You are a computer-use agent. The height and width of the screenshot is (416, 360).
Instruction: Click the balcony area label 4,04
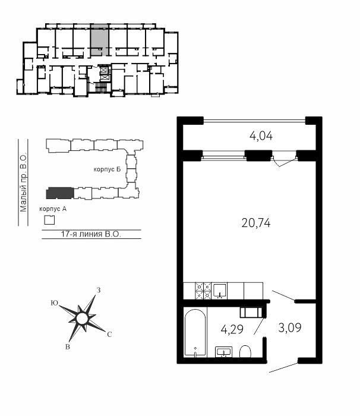click(261, 136)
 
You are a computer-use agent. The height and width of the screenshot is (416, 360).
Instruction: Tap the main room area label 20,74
click(256, 223)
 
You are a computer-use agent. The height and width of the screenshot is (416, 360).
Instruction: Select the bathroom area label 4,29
click(232, 329)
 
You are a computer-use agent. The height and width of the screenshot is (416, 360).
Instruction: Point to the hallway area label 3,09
click(290, 327)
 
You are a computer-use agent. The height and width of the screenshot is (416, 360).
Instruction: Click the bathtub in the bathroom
click(195, 332)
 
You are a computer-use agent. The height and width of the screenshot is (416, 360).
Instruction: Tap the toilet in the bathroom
click(245, 352)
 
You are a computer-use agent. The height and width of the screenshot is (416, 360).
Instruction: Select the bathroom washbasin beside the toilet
click(223, 352)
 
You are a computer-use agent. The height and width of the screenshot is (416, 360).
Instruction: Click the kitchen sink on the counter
click(220, 291)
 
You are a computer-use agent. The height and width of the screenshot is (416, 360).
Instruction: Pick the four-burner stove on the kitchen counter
click(203, 291)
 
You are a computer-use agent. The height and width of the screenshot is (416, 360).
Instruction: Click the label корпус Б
click(107, 169)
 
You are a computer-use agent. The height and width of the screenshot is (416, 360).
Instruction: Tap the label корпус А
click(53, 209)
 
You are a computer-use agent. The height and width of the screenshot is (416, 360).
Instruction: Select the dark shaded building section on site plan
click(60, 193)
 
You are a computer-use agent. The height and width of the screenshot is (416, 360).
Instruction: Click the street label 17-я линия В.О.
click(91, 234)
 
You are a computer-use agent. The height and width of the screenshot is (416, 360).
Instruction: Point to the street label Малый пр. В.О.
click(23, 182)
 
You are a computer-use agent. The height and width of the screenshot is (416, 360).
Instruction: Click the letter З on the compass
click(99, 290)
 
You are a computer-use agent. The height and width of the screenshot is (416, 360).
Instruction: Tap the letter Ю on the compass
click(55, 303)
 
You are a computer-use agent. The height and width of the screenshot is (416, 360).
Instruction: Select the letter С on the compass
click(109, 335)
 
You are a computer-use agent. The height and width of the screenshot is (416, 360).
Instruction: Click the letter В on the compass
click(68, 346)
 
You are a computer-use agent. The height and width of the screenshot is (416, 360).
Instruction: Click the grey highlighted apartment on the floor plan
click(99, 40)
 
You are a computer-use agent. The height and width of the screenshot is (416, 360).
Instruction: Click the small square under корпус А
click(49, 220)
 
